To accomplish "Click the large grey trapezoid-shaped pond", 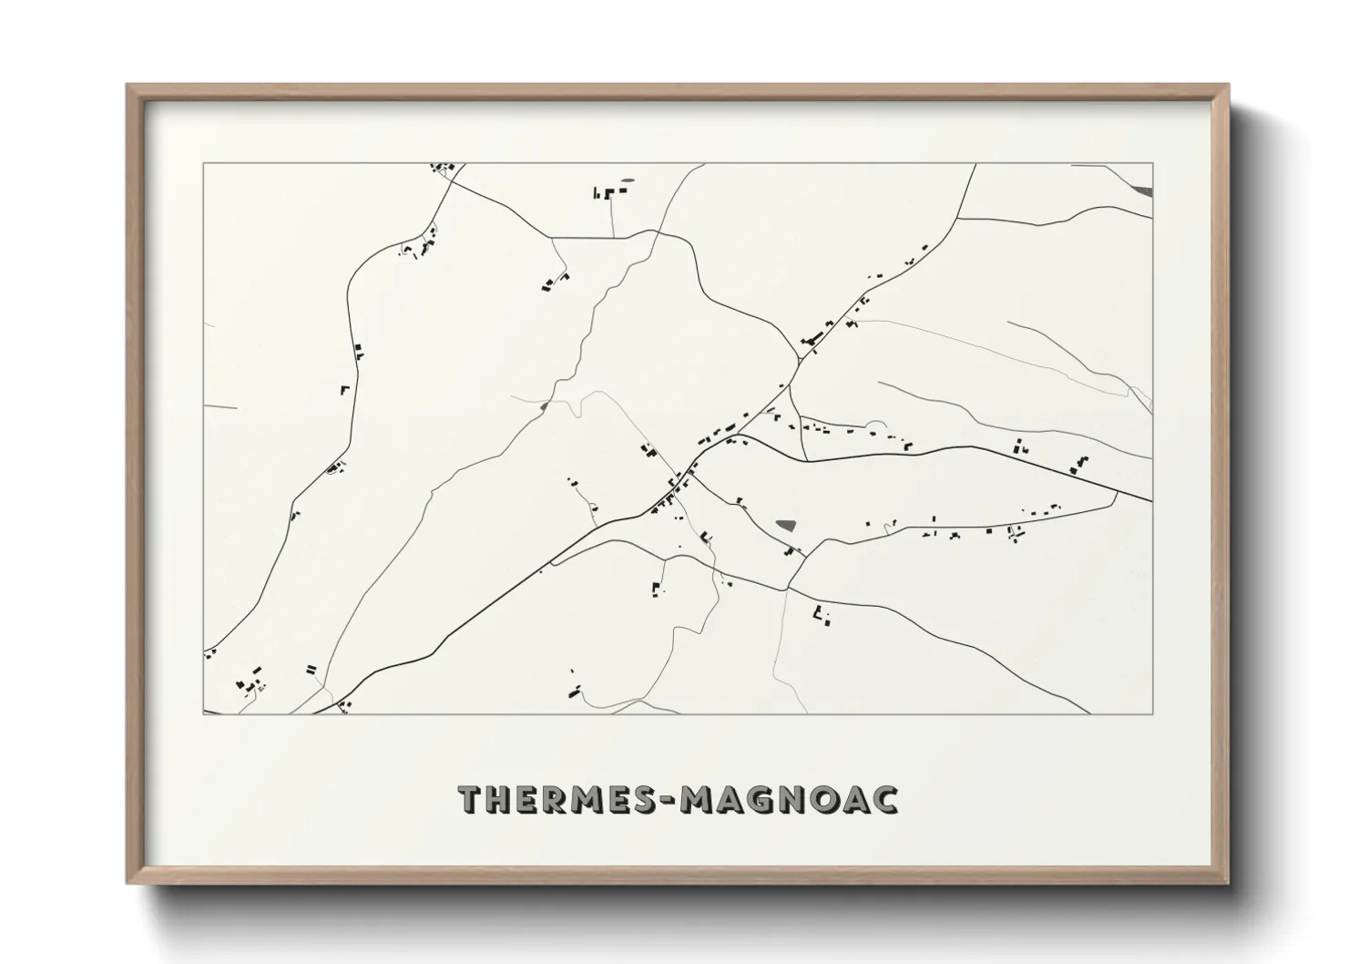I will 785,526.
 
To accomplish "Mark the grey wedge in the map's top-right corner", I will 1143,190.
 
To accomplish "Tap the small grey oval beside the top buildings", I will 628,180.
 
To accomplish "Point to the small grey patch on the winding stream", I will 544,405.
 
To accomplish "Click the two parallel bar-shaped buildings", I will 312,670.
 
